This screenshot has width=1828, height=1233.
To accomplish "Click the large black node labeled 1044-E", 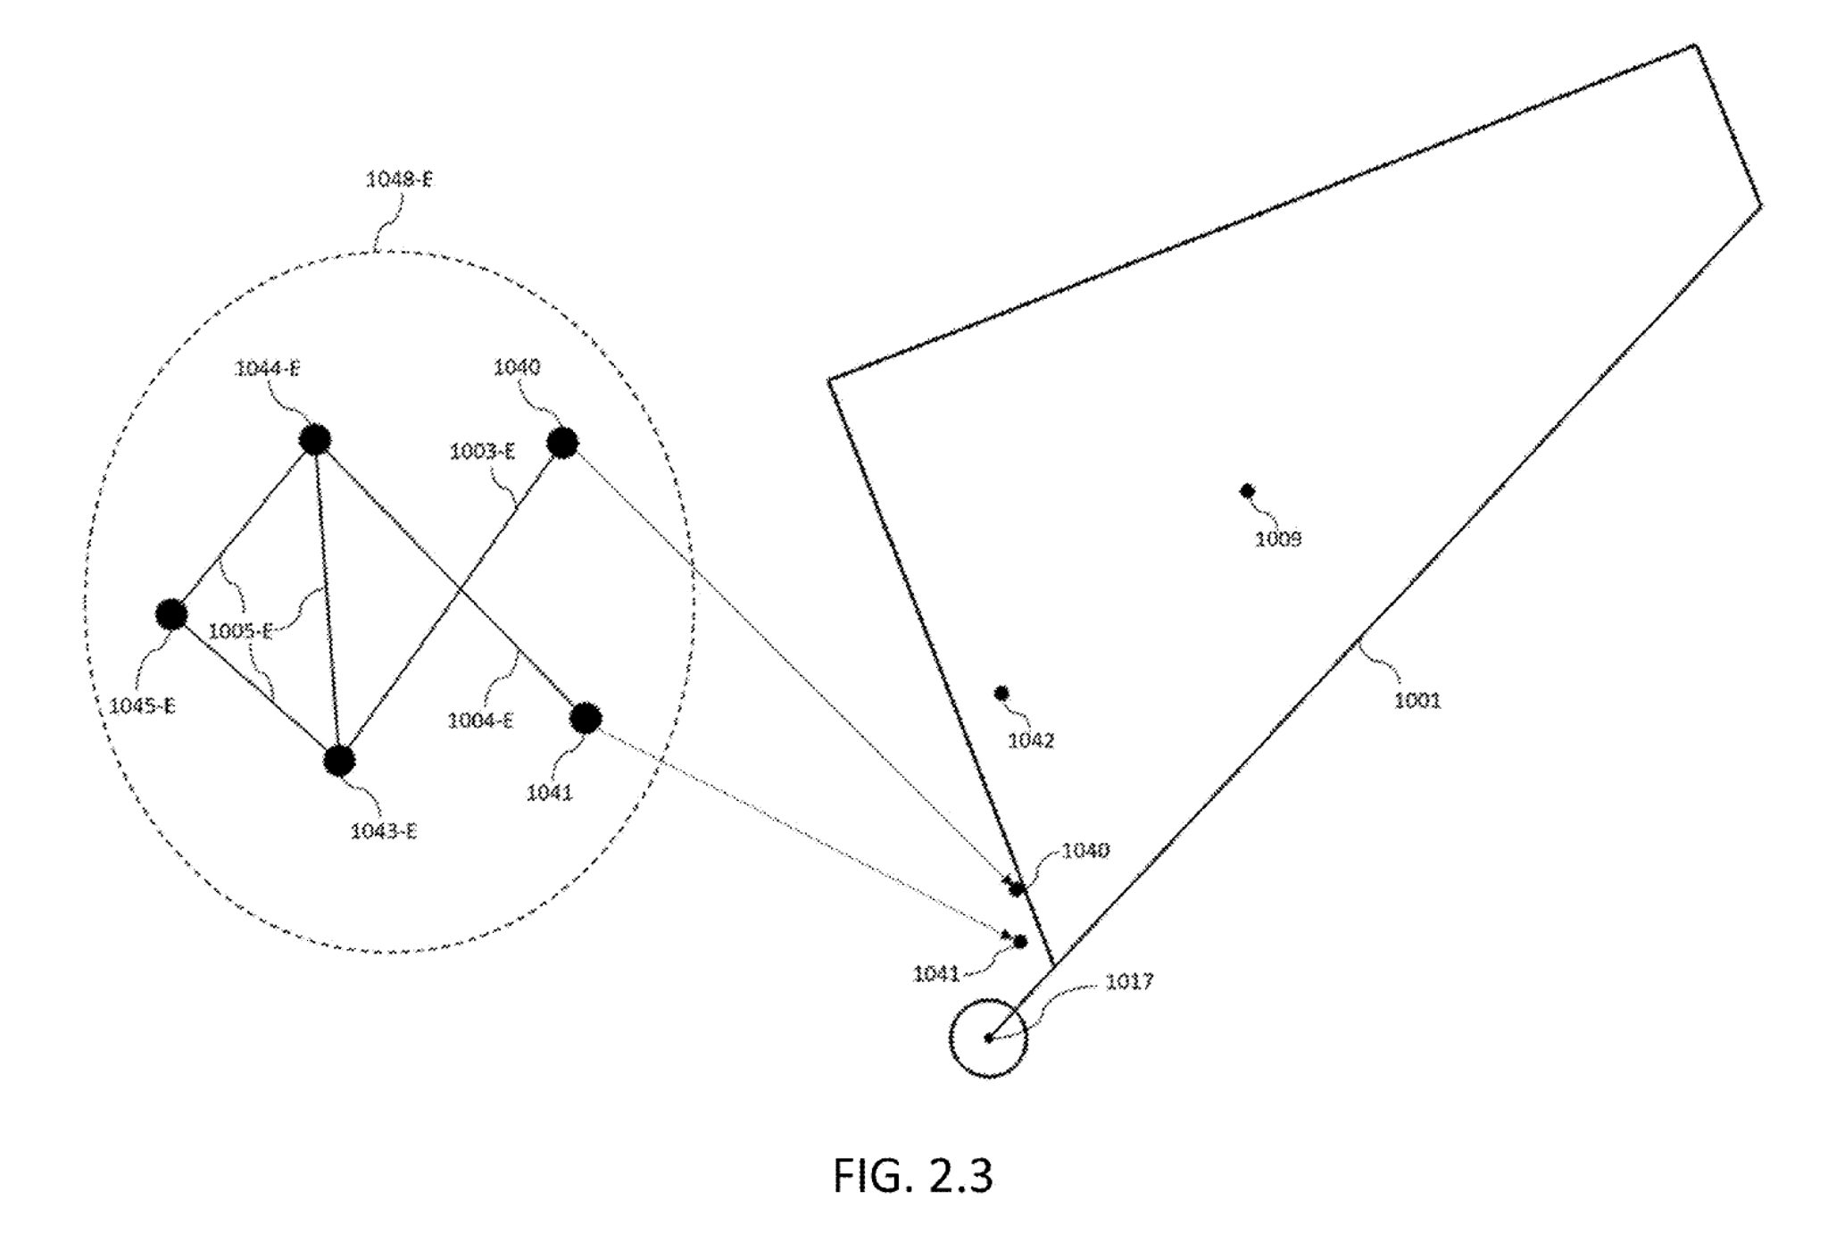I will (314, 439).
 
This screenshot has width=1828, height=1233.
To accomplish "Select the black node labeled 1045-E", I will (171, 614).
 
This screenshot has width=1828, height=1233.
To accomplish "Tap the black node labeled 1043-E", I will (339, 761).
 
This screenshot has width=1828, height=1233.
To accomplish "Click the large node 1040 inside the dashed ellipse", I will (562, 442).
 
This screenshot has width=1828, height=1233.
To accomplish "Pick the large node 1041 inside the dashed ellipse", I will (586, 718).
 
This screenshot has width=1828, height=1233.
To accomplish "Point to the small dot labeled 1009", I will (1248, 490).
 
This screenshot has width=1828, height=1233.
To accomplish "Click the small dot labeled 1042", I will (1001, 693).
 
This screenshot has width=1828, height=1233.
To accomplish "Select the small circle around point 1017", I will (988, 1037).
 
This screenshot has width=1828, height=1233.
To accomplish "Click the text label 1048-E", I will (399, 179).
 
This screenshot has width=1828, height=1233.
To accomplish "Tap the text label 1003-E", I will (482, 452).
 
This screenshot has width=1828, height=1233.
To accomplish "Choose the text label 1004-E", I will (480, 721).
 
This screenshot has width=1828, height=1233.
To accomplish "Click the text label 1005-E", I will (240, 632).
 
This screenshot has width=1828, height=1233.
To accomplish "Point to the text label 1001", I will (1417, 701).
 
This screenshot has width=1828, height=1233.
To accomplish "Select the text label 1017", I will (1129, 981).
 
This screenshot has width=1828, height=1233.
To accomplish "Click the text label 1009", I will (1278, 539).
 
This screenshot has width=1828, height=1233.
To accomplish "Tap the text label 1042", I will (1031, 741).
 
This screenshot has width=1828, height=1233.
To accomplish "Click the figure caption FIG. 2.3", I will (912, 1175).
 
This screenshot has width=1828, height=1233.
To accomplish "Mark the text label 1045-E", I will (142, 706).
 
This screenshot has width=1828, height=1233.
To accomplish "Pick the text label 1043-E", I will (384, 832).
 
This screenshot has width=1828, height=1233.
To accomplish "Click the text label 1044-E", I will (267, 369).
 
